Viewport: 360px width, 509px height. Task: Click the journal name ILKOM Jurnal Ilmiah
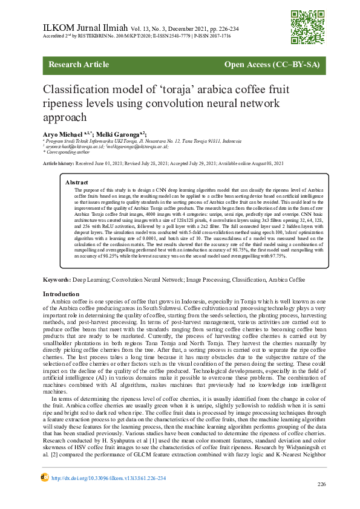coord(83,28)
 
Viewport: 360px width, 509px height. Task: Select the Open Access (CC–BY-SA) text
coord(272,64)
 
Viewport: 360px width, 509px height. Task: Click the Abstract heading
coord(77,182)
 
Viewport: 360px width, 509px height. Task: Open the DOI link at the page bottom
coord(108,478)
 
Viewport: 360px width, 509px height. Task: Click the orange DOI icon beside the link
coord(44,477)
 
